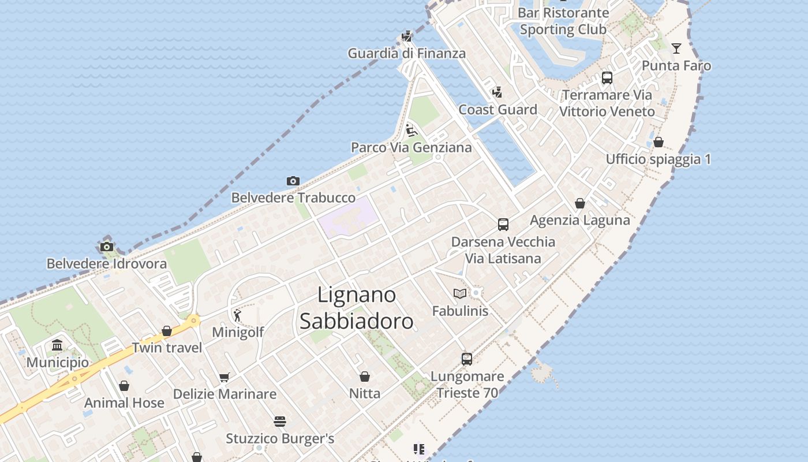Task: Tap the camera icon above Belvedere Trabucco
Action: tap(293, 181)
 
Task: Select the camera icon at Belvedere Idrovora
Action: tap(106, 247)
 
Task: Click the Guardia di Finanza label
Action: tap(406, 54)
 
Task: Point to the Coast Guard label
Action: tap(497, 110)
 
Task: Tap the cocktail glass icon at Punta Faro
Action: tap(676, 49)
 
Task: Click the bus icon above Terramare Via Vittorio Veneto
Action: tap(607, 78)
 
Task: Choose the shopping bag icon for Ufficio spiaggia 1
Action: tap(658, 142)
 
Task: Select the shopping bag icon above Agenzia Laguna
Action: tap(580, 203)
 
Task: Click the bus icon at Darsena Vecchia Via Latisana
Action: tap(503, 225)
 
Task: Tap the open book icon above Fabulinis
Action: tap(460, 294)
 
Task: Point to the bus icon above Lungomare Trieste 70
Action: tap(467, 359)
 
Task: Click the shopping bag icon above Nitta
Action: tap(365, 377)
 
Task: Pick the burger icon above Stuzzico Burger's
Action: tap(280, 422)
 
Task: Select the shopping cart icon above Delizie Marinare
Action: tap(224, 378)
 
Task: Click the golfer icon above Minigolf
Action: tap(237, 315)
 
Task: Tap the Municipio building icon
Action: tap(57, 346)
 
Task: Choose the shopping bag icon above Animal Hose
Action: tap(124, 386)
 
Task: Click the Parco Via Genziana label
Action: tap(412, 148)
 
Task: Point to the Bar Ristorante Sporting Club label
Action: tap(563, 21)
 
